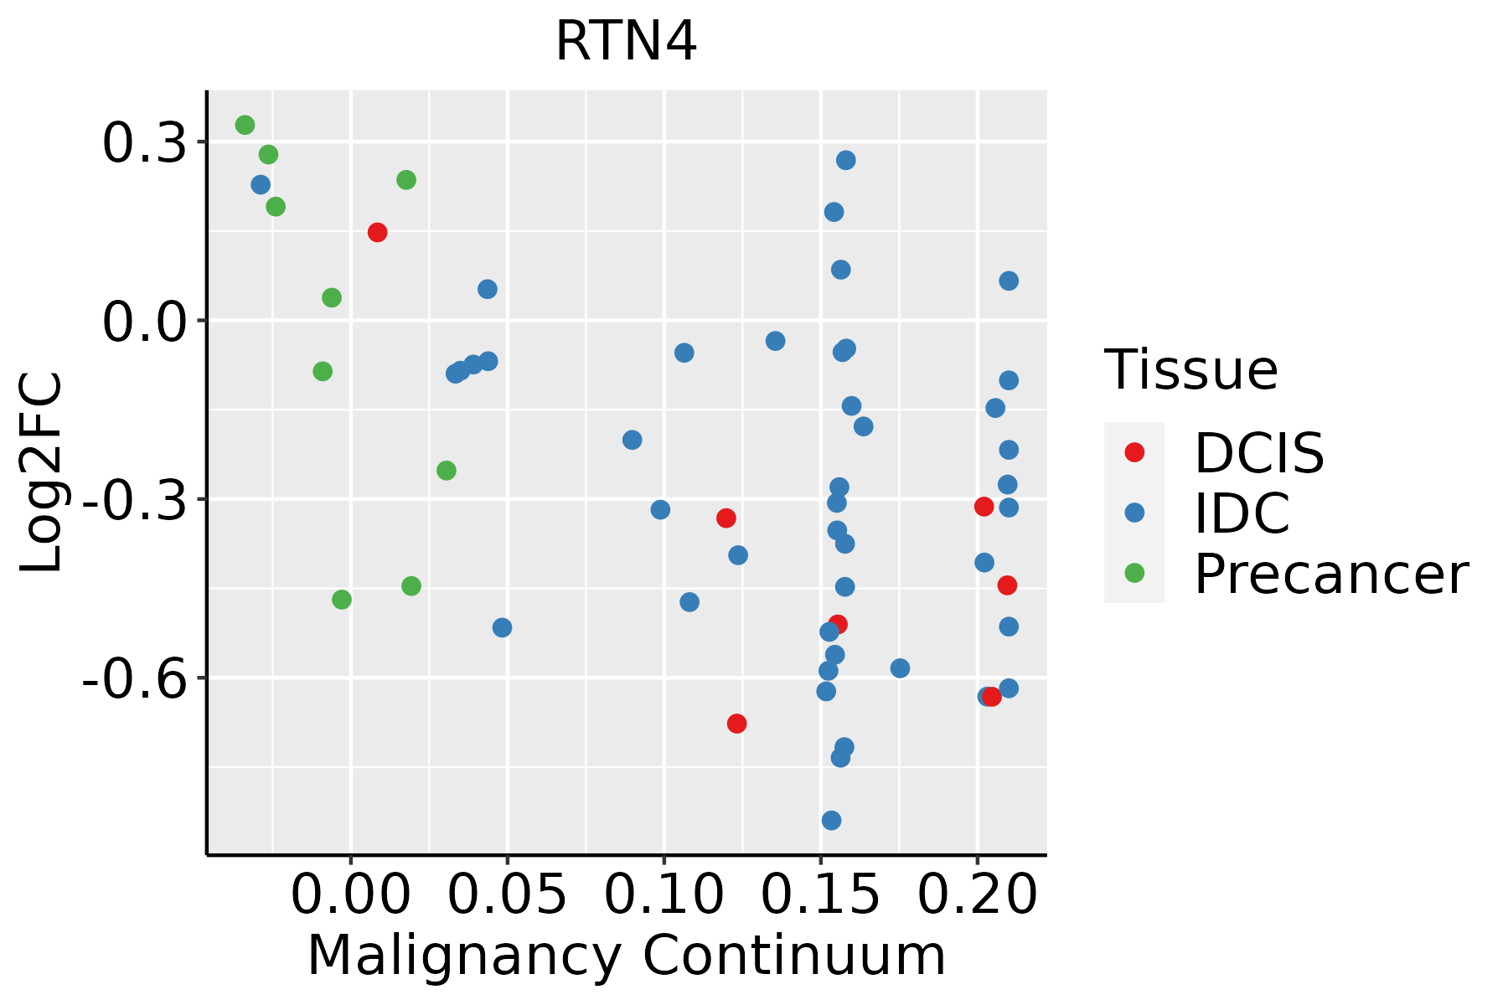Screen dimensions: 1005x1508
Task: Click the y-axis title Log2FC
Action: (x=42, y=473)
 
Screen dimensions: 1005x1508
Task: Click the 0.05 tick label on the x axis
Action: (x=507, y=896)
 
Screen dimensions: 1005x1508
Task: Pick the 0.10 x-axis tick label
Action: (x=664, y=896)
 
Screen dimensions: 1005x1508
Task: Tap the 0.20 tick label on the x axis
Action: (x=977, y=896)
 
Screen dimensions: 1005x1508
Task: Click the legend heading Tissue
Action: (x=1190, y=370)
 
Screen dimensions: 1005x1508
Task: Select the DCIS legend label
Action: (x=1258, y=454)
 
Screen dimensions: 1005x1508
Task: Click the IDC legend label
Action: (x=1242, y=513)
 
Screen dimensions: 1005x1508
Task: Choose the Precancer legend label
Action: (x=1330, y=575)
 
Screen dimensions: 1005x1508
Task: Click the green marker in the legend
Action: (x=1134, y=573)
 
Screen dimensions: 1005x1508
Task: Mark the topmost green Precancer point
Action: (x=245, y=126)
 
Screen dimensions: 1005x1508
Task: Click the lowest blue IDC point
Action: (x=831, y=821)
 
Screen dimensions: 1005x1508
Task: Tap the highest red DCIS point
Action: (x=377, y=233)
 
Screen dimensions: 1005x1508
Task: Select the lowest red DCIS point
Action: (x=736, y=724)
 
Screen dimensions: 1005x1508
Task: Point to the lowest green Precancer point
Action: (x=341, y=600)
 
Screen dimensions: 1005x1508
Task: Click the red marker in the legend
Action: (x=1134, y=452)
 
